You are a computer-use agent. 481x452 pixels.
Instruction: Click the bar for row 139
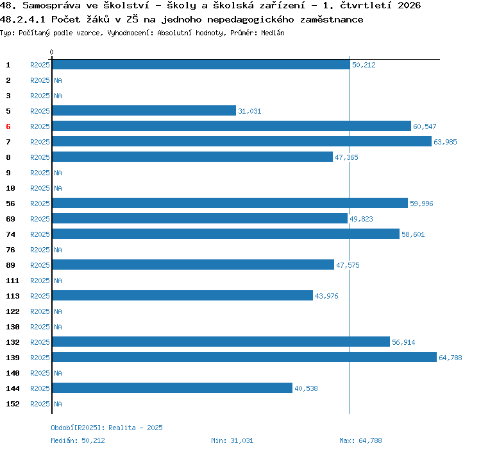click(244, 357)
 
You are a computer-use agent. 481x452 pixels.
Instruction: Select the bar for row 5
click(144, 110)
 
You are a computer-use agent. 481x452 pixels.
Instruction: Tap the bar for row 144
click(173, 388)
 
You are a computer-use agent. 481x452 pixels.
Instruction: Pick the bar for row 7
click(242, 141)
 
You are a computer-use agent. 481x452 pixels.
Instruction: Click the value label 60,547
click(425, 126)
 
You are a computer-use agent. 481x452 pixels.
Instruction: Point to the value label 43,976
click(326, 296)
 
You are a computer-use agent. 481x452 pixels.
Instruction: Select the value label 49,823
click(361, 219)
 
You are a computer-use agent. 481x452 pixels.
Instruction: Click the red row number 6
click(8, 126)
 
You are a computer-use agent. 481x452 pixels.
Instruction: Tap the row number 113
click(13, 296)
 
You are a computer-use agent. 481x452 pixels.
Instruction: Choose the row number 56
click(10, 204)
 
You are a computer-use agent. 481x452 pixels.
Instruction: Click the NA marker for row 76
click(58, 250)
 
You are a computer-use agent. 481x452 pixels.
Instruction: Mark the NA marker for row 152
click(58, 404)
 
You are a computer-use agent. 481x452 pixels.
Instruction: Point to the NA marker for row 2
click(58, 80)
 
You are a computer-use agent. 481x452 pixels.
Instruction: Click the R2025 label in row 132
click(40, 342)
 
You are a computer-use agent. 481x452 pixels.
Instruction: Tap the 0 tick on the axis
click(51, 52)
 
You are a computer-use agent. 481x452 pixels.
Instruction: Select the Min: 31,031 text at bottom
click(232, 440)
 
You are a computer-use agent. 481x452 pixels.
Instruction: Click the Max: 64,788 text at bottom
click(360, 440)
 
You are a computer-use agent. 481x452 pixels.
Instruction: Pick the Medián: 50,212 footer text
click(78, 440)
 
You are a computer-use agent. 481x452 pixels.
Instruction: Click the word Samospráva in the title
click(51, 5)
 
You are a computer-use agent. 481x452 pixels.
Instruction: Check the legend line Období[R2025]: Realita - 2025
click(106, 428)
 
